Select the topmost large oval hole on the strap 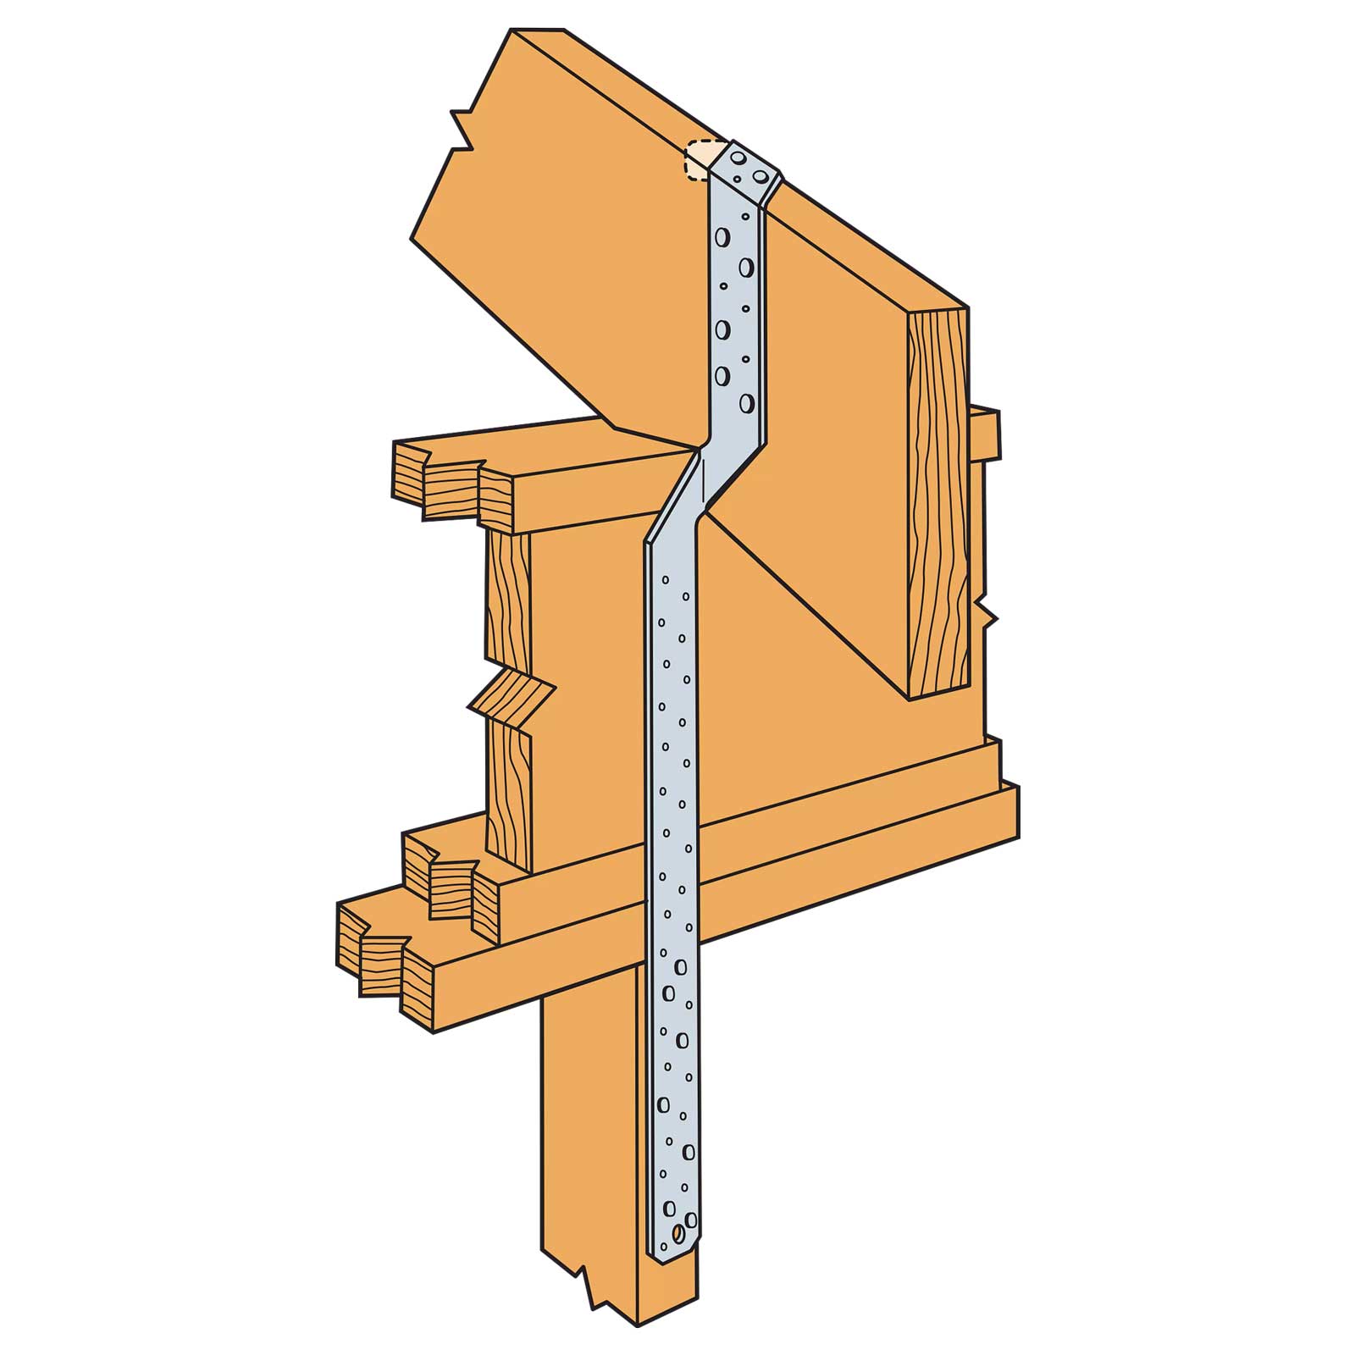point(722,237)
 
